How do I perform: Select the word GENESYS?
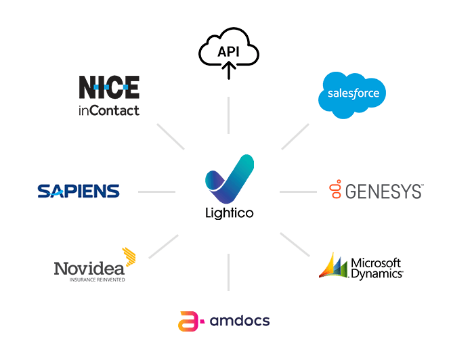click(384, 192)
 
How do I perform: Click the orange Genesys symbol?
click(333, 191)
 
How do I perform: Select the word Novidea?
click(88, 268)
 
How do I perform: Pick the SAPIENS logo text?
click(79, 192)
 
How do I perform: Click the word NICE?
click(109, 88)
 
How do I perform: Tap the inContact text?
click(109, 110)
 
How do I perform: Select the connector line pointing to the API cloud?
click(229, 115)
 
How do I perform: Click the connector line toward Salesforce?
click(295, 136)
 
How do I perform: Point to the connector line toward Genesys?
click(298, 192)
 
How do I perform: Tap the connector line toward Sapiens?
click(156, 192)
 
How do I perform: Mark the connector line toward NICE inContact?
click(170, 136)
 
